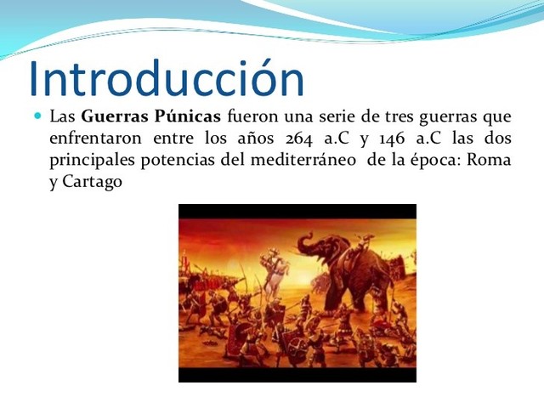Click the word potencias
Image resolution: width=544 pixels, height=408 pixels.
pyautogui.click(x=178, y=160)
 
